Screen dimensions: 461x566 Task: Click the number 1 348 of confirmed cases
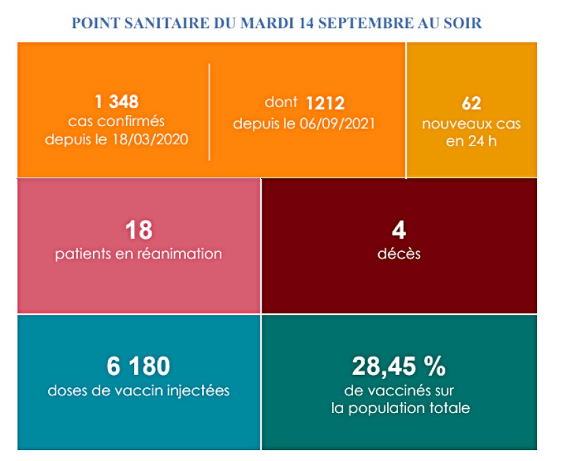pos(117,102)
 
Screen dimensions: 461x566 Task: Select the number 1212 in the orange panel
pos(325,103)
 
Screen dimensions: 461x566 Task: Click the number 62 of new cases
pos(471,104)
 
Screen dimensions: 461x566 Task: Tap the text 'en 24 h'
pos(471,141)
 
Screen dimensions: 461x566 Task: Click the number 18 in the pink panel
pos(138,230)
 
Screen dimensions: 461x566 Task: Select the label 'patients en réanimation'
pos(138,254)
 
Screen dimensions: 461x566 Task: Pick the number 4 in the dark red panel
pos(399,230)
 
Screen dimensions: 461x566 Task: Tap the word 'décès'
pos(399,254)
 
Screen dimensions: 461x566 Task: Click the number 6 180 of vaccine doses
pos(138,367)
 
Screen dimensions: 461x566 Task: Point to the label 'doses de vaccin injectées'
pos(138,391)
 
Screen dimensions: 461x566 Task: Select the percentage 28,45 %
pos(399,367)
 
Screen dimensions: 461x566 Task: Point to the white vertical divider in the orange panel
pos(209,112)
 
